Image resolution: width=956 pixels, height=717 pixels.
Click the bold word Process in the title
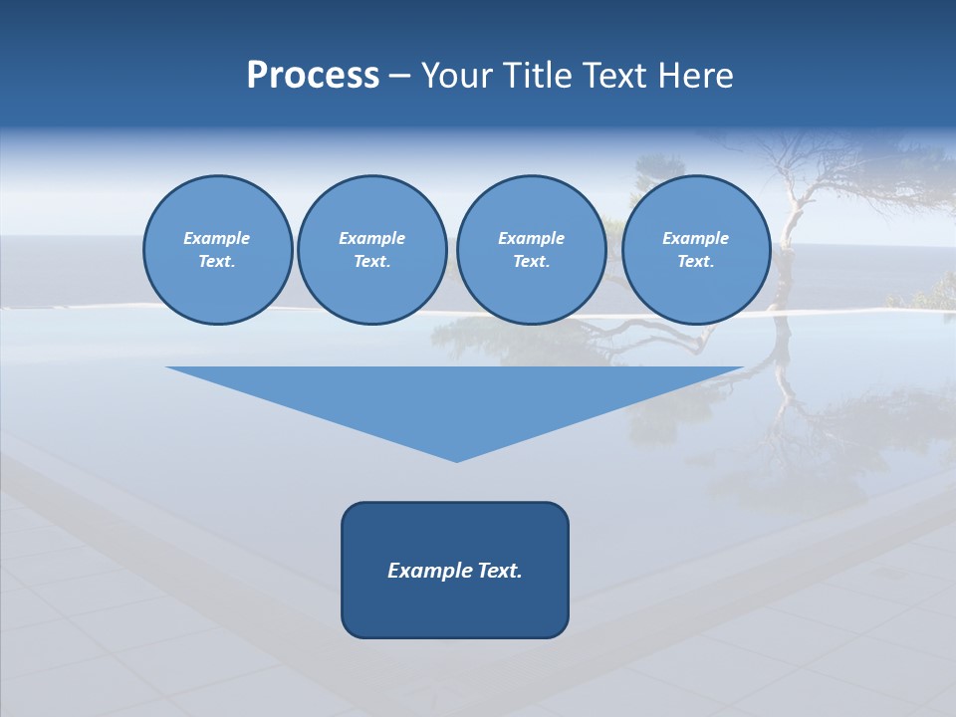[313, 76]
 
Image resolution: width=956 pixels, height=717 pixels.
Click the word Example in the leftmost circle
[217, 238]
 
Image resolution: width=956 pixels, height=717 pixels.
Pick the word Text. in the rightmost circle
[696, 261]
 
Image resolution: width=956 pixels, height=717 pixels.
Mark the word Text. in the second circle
[371, 261]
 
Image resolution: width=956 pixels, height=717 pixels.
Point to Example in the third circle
[531, 238]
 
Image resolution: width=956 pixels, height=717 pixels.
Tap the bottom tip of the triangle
[456, 458]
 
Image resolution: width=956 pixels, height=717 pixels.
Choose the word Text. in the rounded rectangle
[501, 571]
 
